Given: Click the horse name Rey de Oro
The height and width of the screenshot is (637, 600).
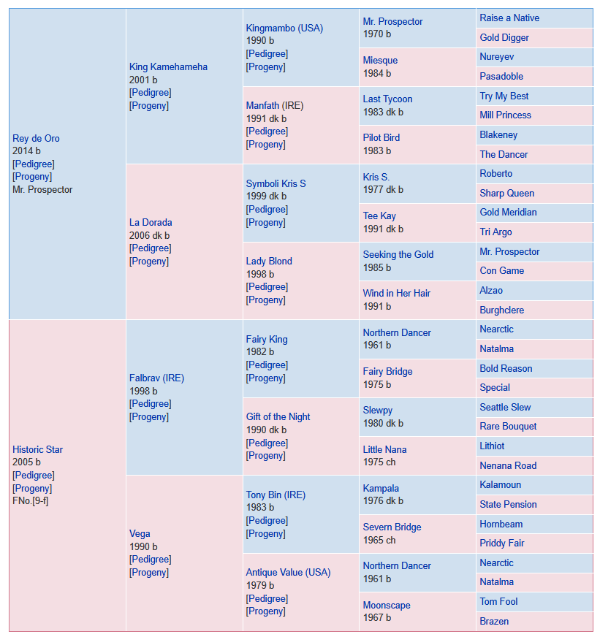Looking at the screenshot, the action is click(x=37, y=139).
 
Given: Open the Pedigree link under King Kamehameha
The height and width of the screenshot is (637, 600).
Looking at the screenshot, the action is click(x=151, y=93).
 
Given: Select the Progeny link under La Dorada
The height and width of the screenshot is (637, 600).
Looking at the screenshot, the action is click(x=149, y=262).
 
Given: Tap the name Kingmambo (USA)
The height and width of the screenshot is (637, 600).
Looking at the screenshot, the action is click(x=284, y=28).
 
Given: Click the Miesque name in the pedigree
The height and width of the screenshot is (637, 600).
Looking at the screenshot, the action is click(x=380, y=61).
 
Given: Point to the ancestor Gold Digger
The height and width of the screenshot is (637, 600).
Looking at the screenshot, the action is click(x=504, y=38).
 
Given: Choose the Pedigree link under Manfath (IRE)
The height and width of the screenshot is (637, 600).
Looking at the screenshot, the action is click(x=267, y=131).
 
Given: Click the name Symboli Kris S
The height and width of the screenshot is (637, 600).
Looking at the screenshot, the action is click(x=276, y=183).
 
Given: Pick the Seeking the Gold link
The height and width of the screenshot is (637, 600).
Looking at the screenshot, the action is click(x=398, y=255).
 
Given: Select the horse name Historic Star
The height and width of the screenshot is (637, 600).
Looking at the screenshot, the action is click(x=38, y=450).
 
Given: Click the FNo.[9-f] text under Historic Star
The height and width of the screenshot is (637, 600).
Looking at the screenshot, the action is click(x=31, y=501).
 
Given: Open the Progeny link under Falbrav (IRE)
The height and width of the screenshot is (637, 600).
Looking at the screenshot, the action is click(x=149, y=417).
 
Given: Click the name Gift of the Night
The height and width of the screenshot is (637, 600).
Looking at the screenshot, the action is click(x=278, y=417).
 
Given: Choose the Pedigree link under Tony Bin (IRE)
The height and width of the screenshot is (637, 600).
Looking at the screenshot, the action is click(x=267, y=520).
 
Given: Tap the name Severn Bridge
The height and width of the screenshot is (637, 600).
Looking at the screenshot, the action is click(x=392, y=527).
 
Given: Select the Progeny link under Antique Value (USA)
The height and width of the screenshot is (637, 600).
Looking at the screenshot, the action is click(x=265, y=611).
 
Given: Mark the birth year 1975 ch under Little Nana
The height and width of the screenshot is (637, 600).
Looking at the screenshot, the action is click(x=379, y=462).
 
